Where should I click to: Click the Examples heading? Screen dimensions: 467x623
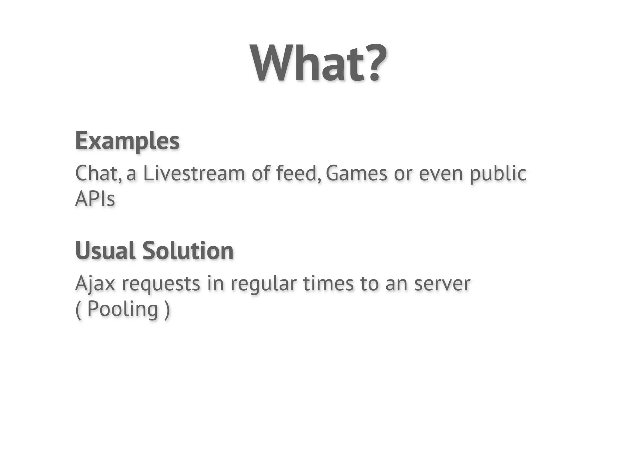coord(127,141)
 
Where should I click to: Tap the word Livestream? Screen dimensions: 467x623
coord(194,173)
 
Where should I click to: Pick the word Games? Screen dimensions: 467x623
coord(357,173)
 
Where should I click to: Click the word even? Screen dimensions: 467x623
coord(441,173)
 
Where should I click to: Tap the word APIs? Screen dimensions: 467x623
coord(95,199)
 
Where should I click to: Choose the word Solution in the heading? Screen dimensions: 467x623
coord(188,251)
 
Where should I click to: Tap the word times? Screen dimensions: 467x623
coord(328,283)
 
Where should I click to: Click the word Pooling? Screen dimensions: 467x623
coord(122,310)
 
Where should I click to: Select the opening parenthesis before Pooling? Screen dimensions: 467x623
coord(78,310)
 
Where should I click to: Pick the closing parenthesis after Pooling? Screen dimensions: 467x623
coord(167,310)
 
